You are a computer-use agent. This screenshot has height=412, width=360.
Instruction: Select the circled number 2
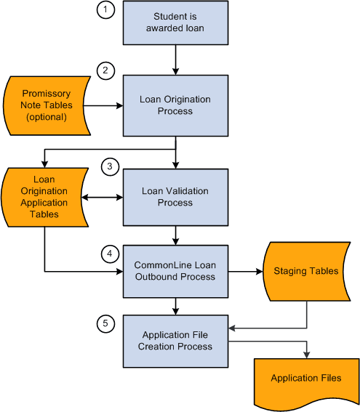click(x=105, y=70)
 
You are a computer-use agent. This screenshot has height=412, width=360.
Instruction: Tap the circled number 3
click(x=109, y=166)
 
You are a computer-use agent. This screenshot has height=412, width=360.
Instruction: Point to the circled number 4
click(x=109, y=254)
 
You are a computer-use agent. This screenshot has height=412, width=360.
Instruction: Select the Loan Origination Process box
click(x=175, y=105)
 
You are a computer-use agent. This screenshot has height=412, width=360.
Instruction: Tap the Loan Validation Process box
click(x=175, y=197)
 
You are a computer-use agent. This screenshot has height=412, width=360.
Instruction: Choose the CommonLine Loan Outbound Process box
click(x=175, y=271)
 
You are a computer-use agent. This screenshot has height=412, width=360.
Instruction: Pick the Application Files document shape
click(x=305, y=379)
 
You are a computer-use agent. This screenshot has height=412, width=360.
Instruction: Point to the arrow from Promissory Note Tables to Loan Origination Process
click(x=105, y=105)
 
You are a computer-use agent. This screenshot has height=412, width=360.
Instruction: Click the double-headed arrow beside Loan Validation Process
click(x=102, y=197)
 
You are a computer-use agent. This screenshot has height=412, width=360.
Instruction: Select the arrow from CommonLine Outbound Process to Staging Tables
click(x=247, y=271)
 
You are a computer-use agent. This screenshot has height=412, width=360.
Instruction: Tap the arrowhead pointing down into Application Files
click(x=306, y=354)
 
